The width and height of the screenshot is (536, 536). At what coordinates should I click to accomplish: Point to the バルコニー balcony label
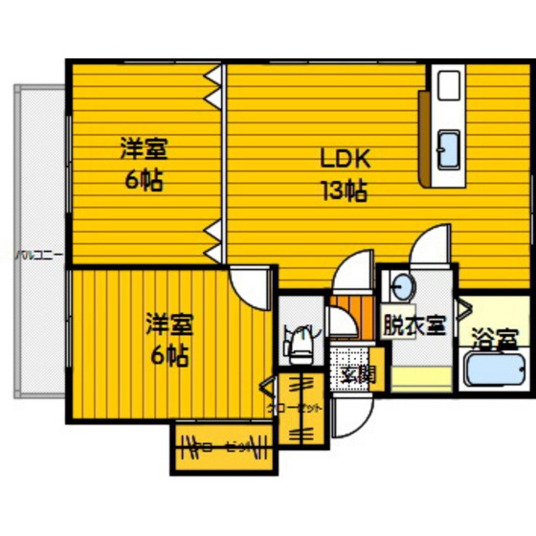(39, 255)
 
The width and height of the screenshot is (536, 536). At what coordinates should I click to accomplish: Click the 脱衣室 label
(413, 324)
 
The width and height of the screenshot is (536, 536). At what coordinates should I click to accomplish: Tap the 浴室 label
(496, 338)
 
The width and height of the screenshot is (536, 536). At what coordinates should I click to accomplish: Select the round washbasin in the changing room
(400, 286)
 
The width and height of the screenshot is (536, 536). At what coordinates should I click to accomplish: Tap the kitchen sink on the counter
(447, 149)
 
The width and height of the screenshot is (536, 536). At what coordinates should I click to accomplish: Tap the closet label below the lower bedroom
(222, 446)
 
